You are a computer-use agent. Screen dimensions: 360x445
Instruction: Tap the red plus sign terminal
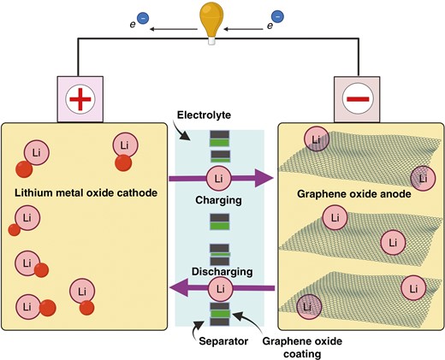click(79, 98)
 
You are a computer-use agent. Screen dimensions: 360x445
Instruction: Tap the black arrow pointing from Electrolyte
click(187, 130)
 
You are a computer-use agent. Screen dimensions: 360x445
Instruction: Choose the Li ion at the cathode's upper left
click(35, 152)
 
